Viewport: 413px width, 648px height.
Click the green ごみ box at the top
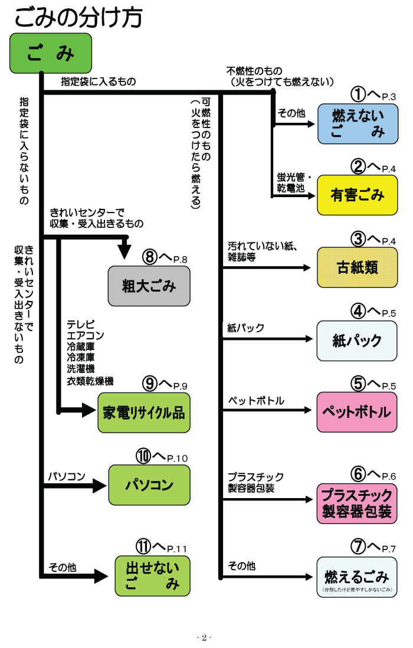51,53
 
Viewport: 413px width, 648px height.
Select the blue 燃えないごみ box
358,124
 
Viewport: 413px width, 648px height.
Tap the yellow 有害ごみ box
358,195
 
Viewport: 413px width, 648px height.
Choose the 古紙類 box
358,267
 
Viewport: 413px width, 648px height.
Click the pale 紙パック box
358,341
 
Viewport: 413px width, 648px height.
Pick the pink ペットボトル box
358,412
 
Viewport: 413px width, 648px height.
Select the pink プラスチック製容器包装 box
358,503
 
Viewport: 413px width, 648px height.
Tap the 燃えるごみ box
358,577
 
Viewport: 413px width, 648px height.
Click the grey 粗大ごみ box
149,286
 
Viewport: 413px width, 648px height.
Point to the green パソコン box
149,485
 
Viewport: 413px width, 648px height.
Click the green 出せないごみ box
153,576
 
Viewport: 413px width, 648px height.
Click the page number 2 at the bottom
204,637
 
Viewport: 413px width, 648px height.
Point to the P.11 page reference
176,549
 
